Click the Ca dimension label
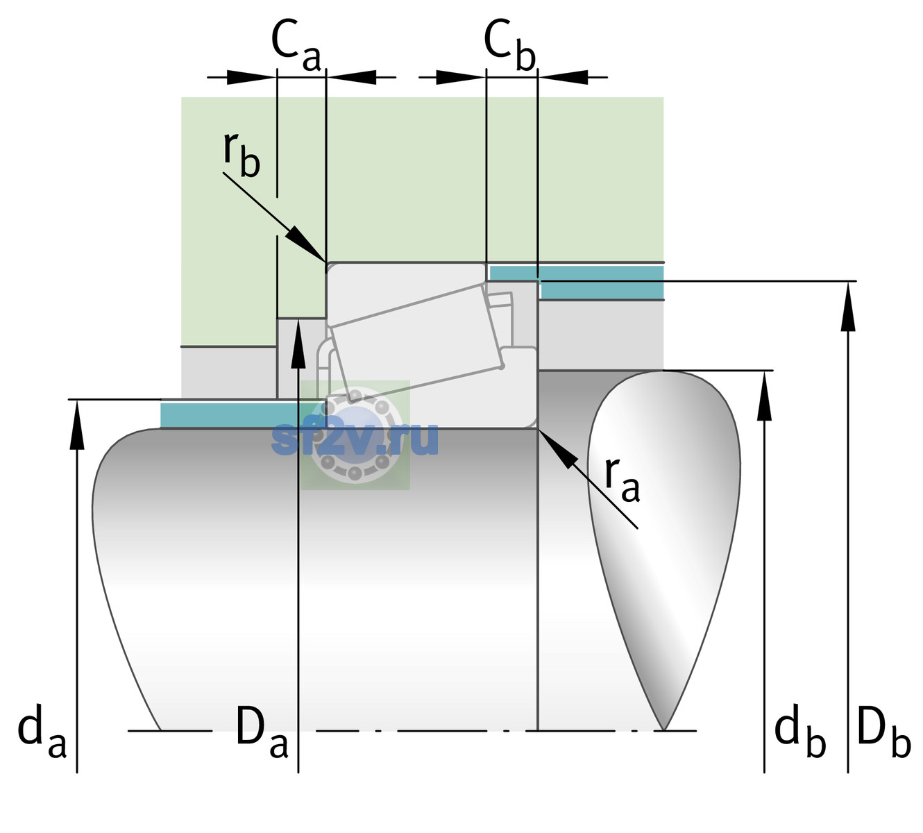coord(296,46)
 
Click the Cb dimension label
coord(510,46)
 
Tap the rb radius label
coord(242,155)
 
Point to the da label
coord(42,731)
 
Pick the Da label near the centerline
coord(262,730)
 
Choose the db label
coord(800,731)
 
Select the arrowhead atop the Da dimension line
coord(298,343)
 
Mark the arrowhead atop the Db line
coord(848,306)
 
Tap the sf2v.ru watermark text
coord(355,439)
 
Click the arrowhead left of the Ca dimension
coord(251,77)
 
